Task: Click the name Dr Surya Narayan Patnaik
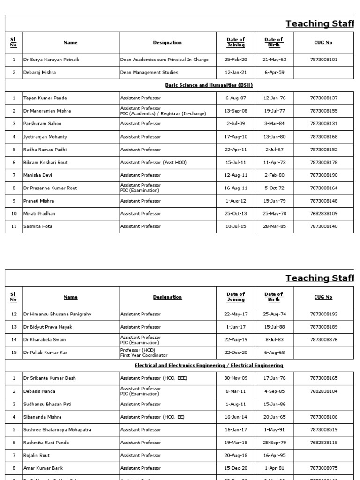50,60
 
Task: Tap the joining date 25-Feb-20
235,60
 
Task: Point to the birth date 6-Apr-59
274,73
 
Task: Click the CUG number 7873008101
323,60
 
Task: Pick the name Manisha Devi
37,175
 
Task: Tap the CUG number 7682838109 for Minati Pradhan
323,214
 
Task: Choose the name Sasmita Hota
37,226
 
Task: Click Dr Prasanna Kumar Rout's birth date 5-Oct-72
274,188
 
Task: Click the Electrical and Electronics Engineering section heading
209,365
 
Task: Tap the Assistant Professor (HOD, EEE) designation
153,378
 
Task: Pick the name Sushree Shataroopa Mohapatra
57,429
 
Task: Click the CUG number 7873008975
323,468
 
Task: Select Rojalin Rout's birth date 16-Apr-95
274,455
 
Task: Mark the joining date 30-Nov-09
235,378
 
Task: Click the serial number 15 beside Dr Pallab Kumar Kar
14,352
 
